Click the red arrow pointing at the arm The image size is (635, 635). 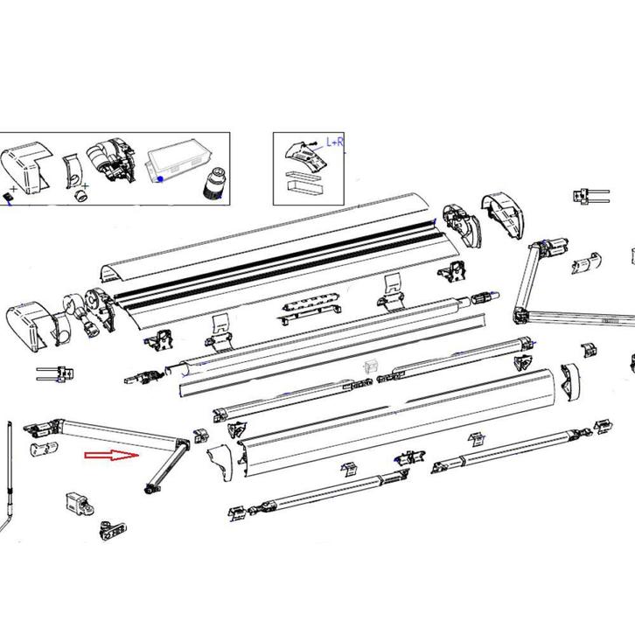pyautogui.click(x=112, y=456)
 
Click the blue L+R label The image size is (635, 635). pyautogui.click(x=334, y=141)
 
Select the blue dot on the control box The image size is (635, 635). pyautogui.click(x=160, y=178)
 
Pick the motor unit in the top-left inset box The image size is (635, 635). pyautogui.click(x=112, y=162)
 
